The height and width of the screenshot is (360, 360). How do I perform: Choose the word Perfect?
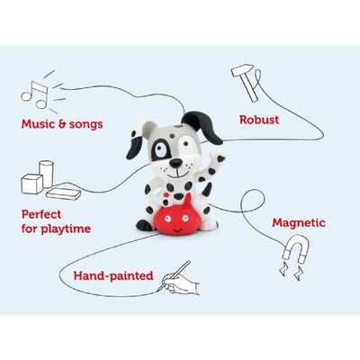[x=41, y=214]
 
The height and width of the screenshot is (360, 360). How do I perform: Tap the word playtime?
[x=66, y=229]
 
